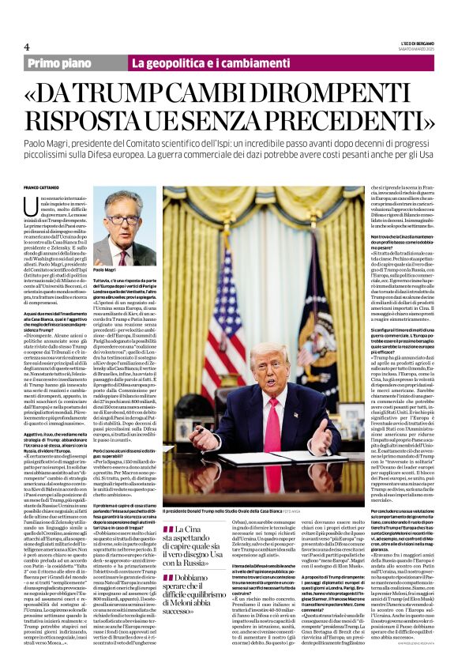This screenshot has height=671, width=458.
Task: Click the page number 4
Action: point(27,47)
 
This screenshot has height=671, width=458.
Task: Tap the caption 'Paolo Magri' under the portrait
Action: point(104,270)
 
